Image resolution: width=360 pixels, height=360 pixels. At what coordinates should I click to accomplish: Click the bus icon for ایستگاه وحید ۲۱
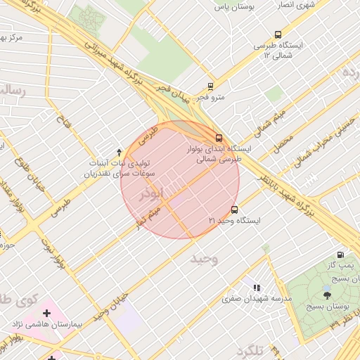234,210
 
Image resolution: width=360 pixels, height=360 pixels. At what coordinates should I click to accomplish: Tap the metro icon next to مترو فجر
210,86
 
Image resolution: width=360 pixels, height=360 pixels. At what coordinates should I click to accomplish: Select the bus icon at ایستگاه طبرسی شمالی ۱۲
278,34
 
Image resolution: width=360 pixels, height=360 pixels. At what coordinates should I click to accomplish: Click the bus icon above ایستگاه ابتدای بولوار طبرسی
219,137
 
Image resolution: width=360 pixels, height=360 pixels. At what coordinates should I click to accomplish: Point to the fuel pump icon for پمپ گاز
341,255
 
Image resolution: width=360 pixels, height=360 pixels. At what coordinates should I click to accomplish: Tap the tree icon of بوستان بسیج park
326,295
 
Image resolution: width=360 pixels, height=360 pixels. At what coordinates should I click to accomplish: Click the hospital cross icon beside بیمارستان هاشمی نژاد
47,311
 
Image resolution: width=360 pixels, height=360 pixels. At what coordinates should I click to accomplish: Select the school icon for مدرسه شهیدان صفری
257,287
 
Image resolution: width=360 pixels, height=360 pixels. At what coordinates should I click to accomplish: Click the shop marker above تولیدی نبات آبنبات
118,151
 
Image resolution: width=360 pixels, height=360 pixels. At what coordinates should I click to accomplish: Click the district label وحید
205,259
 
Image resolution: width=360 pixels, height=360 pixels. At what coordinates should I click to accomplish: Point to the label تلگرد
250,349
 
